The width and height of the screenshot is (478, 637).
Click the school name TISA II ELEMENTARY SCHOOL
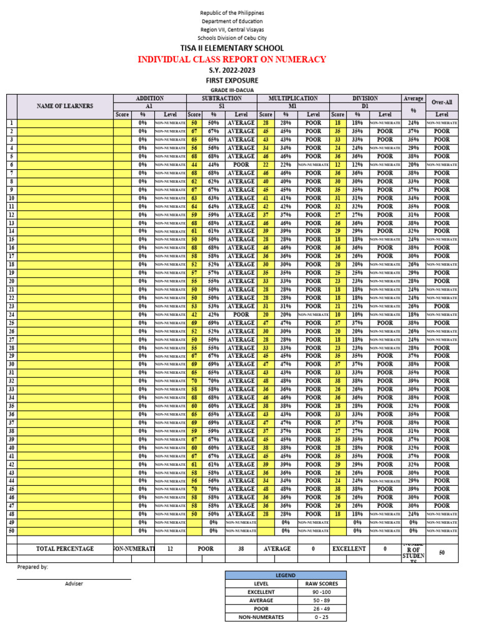click(x=232, y=49)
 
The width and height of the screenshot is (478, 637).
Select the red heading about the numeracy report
click(x=232, y=59)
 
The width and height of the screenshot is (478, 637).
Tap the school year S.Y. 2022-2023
click(x=232, y=70)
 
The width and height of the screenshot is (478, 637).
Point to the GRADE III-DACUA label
click(x=232, y=91)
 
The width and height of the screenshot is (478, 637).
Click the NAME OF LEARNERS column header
click(x=65, y=106)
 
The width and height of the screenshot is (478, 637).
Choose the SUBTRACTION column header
click(x=222, y=98)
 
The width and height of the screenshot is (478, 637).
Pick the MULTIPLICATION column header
click(x=293, y=98)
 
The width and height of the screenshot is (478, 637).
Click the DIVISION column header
click(x=365, y=98)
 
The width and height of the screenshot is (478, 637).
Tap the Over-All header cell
click(x=441, y=102)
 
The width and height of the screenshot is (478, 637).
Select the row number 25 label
click(x=11, y=323)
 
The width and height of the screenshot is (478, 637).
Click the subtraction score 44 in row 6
click(x=194, y=165)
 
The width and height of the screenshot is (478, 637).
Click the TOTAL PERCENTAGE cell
click(x=65, y=549)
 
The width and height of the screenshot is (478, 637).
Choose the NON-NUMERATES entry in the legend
click(x=261, y=617)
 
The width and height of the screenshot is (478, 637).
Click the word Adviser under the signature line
click(x=73, y=584)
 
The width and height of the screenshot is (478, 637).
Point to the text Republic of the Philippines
click(x=232, y=12)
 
